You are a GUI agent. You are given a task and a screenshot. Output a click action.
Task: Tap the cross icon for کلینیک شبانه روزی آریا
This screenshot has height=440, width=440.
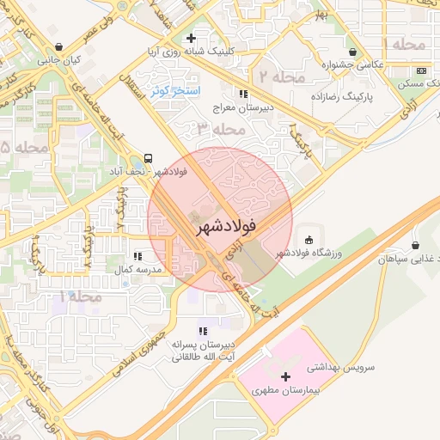191,38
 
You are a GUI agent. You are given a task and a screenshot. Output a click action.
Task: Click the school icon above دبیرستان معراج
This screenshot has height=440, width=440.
244,94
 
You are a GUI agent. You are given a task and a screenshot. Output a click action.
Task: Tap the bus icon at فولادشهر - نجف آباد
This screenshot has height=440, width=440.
149,158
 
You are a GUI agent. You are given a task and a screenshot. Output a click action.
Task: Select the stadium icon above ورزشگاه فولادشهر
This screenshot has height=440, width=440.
309,239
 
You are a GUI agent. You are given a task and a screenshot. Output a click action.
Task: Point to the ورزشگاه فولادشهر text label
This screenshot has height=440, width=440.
309,254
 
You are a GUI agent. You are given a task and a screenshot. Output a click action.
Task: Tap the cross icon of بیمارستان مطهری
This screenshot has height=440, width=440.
285,376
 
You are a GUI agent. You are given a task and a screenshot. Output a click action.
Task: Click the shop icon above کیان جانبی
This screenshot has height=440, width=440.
58,47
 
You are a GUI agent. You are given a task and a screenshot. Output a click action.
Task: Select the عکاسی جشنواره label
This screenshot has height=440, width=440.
352,64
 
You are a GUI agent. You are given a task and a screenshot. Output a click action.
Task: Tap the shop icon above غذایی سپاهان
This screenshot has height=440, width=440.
416,245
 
